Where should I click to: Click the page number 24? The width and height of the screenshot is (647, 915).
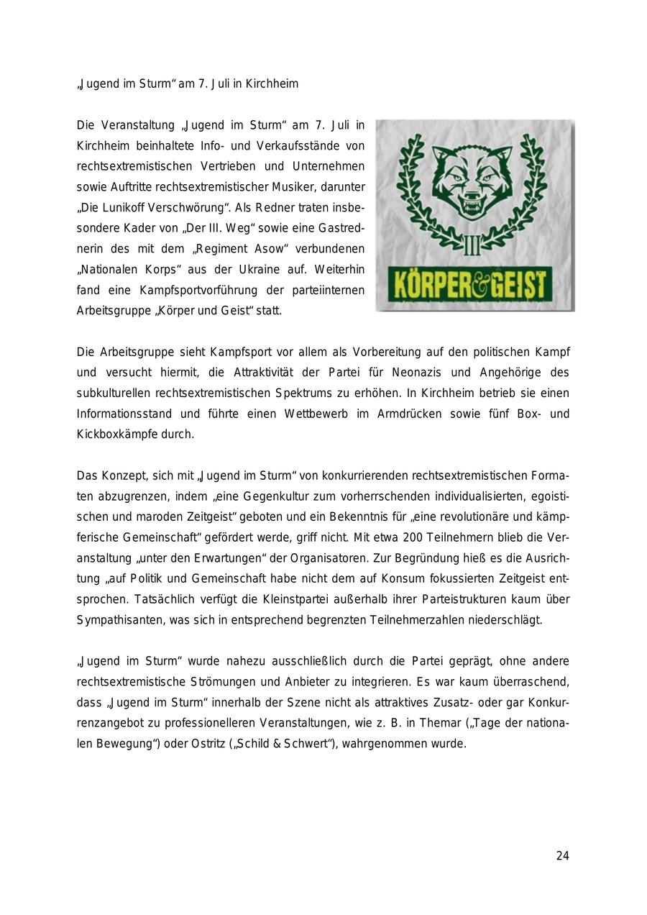[562, 856]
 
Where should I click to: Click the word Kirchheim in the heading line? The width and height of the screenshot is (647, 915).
[272, 84]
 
